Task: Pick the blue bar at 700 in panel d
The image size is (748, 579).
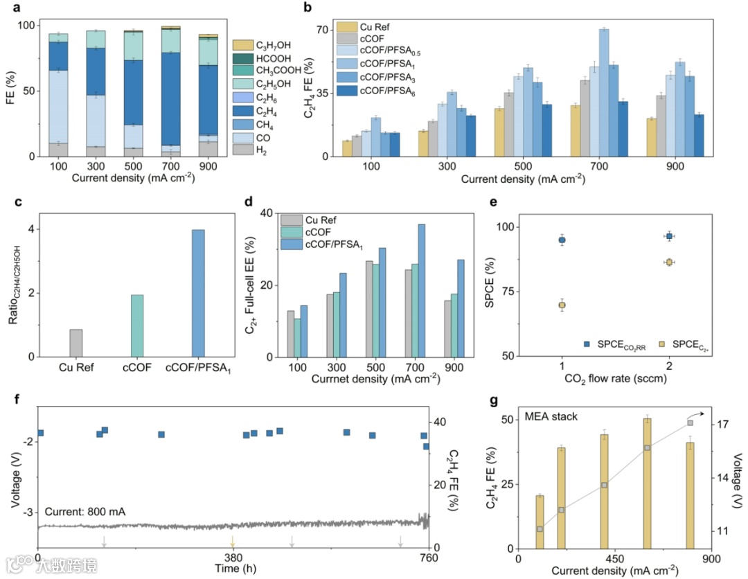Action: click(x=441, y=290)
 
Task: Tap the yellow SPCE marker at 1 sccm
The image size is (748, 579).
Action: click(x=562, y=305)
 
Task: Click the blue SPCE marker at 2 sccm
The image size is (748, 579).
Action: click(x=669, y=236)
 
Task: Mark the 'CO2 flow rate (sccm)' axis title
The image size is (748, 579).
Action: click(x=616, y=381)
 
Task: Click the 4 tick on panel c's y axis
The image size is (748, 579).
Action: click(x=31, y=229)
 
